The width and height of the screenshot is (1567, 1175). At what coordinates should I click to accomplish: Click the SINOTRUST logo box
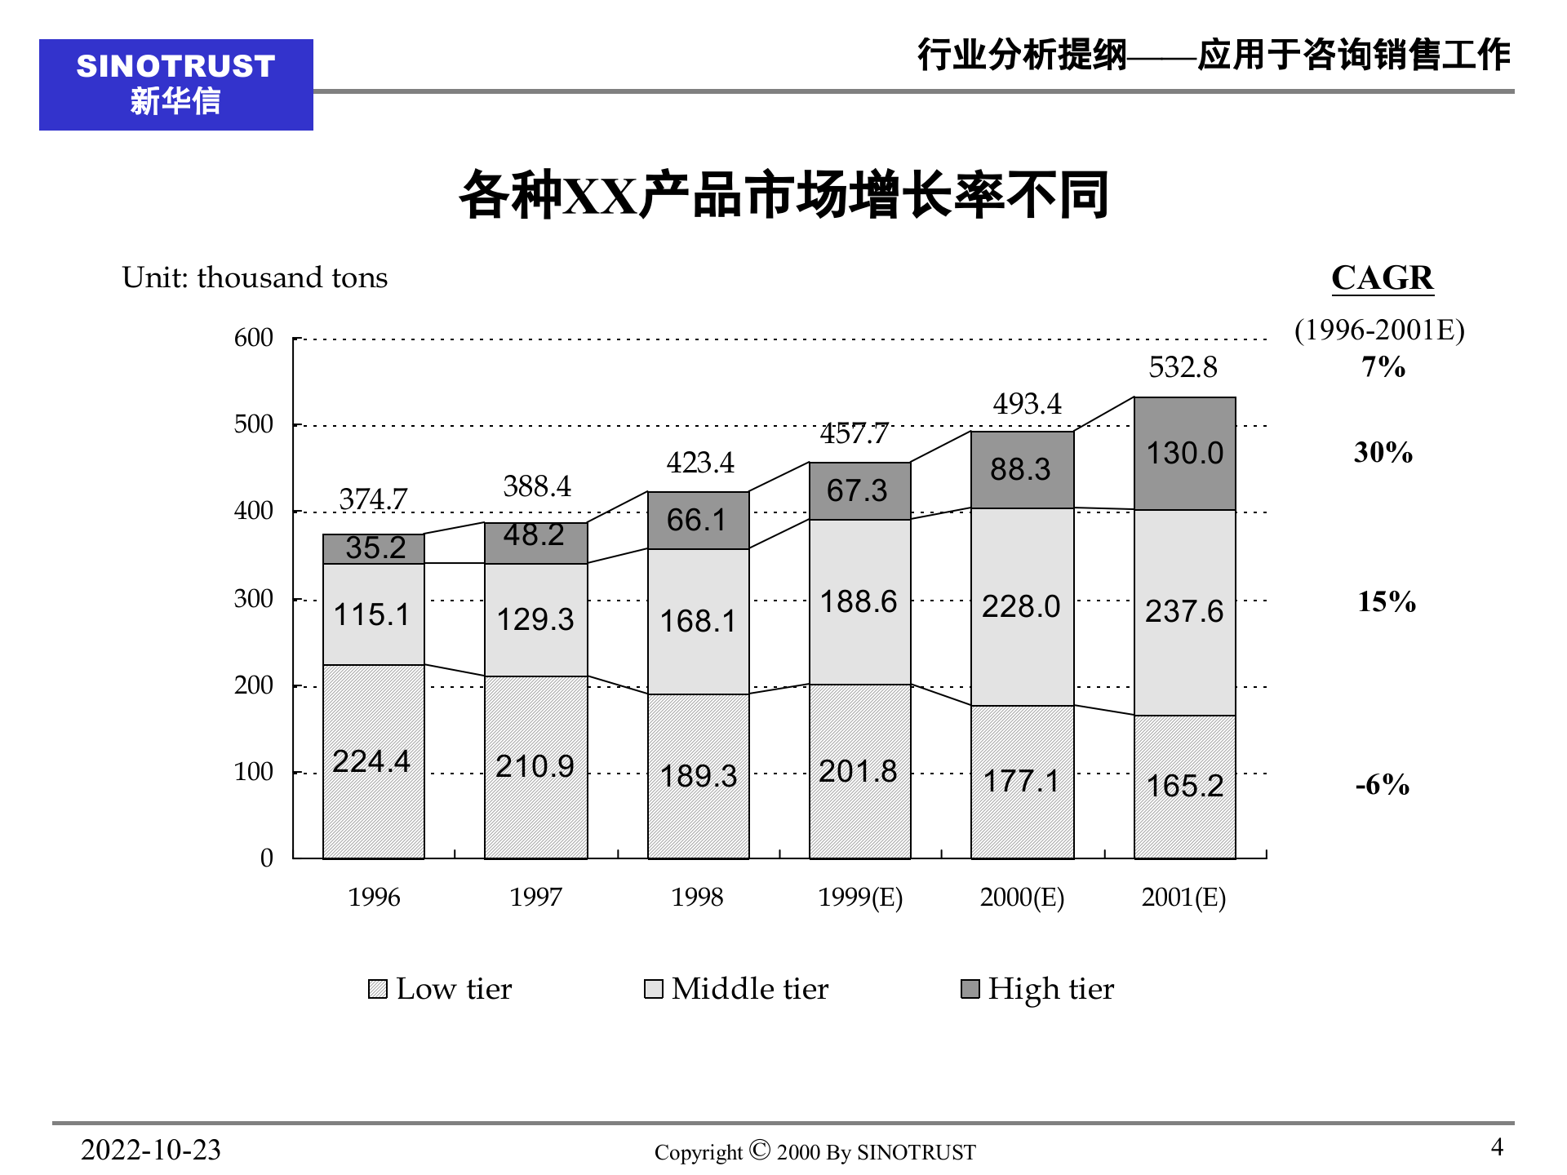click(x=175, y=85)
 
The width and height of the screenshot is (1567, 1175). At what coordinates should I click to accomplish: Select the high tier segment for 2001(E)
click(x=1184, y=454)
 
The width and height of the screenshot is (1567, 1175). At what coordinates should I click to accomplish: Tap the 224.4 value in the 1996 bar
click(x=371, y=761)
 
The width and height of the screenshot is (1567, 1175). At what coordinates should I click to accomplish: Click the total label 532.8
click(x=1183, y=367)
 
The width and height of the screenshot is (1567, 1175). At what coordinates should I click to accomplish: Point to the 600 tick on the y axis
click(x=254, y=338)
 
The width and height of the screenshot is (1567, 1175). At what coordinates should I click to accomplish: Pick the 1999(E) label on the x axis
click(x=860, y=898)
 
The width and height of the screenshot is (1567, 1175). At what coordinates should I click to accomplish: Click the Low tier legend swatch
click(x=377, y=990)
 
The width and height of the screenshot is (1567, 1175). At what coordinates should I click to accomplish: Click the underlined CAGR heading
click(x=1382, y=278)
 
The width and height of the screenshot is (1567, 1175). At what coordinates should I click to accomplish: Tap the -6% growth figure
click(x=1383, y=785)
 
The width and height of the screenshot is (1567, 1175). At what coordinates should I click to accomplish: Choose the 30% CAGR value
click(x=1383, y=452)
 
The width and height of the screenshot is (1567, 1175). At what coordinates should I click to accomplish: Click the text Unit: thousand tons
click(x=255, y=278)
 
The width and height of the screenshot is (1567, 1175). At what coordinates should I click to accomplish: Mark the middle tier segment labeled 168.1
click(x=698, y=621)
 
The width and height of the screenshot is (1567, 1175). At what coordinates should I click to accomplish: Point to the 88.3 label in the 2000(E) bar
click(x=1020, y=469)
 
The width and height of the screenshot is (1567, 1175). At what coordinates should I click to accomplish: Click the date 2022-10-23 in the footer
click(x=151, y=1150)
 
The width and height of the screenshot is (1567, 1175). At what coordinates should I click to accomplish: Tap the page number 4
click(x=1497, y=1147)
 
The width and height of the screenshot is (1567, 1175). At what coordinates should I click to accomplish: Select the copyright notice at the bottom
click(x=815, y=1151)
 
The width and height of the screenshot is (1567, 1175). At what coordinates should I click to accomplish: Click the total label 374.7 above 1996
click(x=373, y=499)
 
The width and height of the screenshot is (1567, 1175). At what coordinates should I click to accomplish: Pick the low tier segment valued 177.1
click(x=1021, y=781)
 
